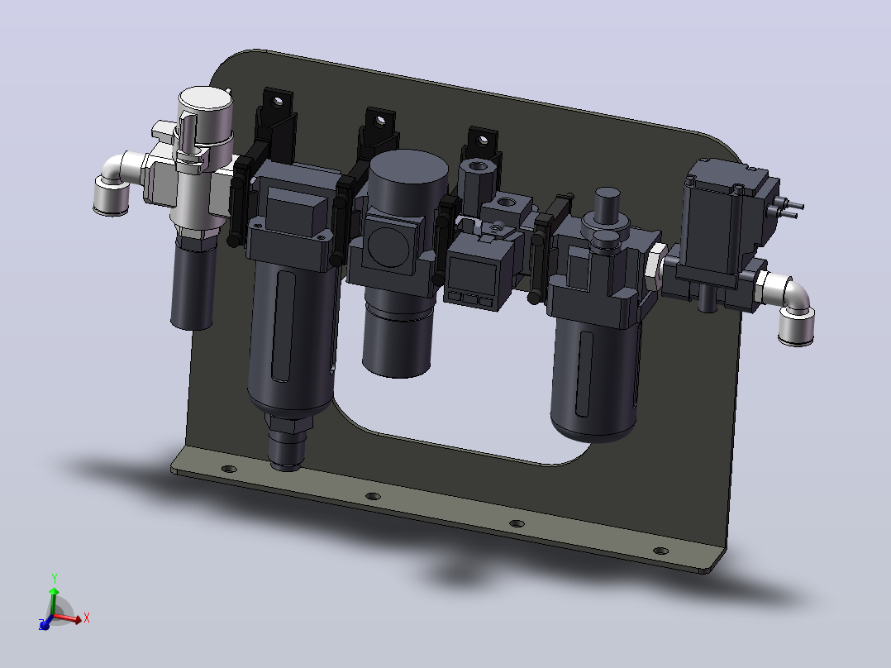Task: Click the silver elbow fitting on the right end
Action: tap(790, 308)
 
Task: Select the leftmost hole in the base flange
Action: tap(228, 469)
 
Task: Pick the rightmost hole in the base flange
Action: tap(661, 551)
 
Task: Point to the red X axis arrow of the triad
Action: tap(69, 618)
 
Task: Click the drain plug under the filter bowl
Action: tap(288, 443)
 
